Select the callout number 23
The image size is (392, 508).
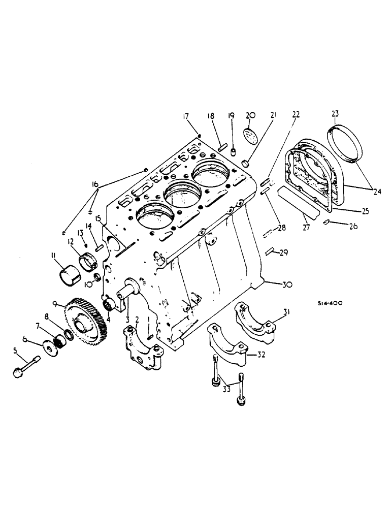[336, 114]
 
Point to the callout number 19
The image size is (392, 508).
[231, 116]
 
